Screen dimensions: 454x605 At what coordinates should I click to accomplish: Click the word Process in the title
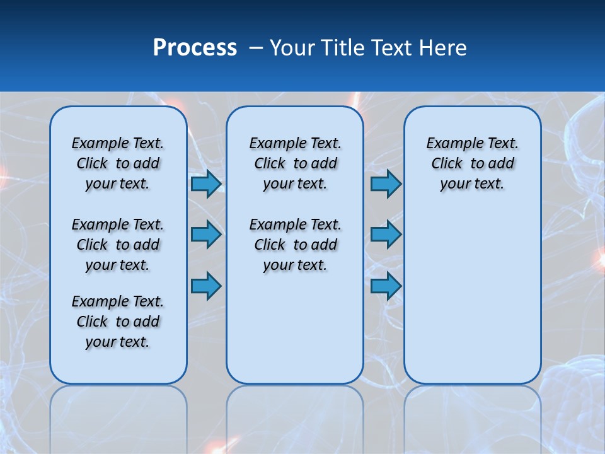tap(195, 48)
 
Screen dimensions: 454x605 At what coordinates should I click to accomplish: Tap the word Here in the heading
tap(443, 48)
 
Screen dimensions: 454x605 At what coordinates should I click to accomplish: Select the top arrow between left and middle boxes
tap(206, 184)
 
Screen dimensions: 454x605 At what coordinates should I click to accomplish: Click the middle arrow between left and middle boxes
tap(206, 235)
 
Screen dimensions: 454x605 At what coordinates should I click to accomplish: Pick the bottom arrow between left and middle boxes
tap(206, 286)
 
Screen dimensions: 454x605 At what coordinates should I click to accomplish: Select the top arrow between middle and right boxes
tap(386, 184)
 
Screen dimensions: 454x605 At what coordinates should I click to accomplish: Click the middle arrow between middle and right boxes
tap(386, 235)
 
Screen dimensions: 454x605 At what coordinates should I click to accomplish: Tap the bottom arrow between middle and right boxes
tap(386, 286)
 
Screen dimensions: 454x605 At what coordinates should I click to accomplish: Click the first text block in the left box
tap(118, 163)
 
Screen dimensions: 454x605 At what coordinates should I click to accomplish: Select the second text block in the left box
tap(118, 245)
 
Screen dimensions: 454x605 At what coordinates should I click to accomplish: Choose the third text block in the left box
tap(118, 322)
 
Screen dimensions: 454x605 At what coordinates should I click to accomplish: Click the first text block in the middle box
tap(296, 163)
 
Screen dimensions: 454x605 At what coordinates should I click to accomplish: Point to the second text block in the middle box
tap(296, 245)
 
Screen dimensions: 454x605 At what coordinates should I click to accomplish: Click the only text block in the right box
tap(473, 163)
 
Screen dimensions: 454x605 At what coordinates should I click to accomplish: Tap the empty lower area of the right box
tap(473, 296)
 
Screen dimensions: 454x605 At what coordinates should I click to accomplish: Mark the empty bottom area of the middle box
tap(295, 334)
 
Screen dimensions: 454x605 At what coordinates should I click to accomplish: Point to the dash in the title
tap(256, 48)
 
